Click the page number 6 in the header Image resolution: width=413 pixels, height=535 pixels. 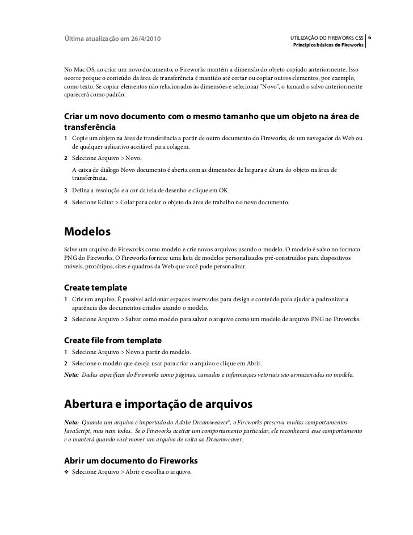370,38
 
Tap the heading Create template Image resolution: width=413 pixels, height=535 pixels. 96,287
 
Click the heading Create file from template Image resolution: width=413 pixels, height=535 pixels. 113,340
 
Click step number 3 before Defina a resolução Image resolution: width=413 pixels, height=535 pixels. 66,191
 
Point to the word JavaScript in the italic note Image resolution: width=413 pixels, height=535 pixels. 78,432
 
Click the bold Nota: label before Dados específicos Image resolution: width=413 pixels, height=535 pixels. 72,375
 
